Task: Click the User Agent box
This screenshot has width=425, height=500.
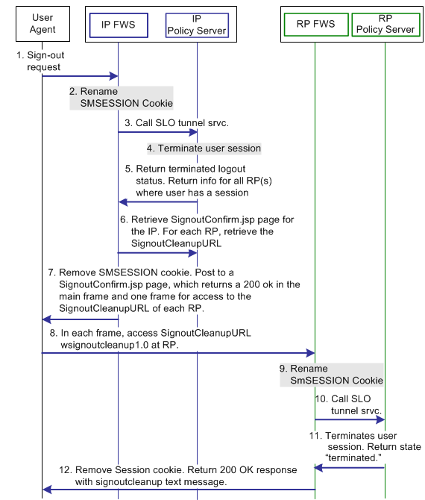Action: pos(42,24)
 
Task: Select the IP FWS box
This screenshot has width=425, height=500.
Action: pos(118,24)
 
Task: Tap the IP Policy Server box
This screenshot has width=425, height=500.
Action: pos(197,24)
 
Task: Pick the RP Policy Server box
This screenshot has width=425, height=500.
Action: pos(385,24)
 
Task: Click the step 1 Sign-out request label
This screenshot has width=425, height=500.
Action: pos(41,60)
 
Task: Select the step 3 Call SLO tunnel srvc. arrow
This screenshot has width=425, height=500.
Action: pos(157,133)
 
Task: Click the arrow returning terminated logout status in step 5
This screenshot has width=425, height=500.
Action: pos(157,202)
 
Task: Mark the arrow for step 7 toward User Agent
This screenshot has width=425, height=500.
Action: pos(80,319)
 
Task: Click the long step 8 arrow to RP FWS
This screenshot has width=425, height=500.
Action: pos(178,352)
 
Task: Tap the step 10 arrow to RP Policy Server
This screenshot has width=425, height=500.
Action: pos(350,420)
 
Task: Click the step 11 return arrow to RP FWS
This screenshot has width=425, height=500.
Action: pos(350,467)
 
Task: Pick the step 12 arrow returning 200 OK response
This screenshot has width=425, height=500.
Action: pos(178,490)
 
